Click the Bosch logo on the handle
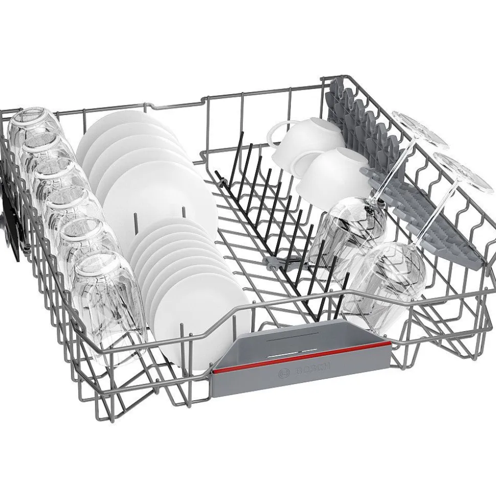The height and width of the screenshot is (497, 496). click(304, 370)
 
